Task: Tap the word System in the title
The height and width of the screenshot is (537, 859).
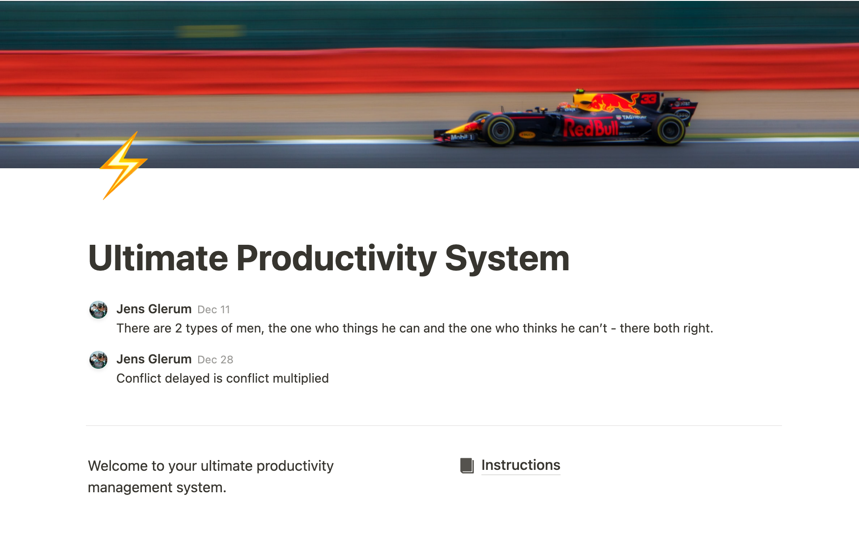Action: [506, 258]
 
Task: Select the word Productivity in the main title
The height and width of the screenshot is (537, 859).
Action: [336, 258]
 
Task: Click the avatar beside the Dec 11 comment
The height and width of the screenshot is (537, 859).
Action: [98, 310]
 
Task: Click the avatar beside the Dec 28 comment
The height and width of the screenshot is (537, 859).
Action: [98, 360]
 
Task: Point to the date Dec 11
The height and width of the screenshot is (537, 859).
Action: [213, 310]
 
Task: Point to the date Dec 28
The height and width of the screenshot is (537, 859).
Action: [215, 360]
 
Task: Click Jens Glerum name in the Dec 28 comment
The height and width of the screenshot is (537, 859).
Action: [154, 359]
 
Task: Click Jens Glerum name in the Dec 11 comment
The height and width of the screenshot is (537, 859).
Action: [154, 309]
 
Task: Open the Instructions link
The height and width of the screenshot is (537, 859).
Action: [520, 465]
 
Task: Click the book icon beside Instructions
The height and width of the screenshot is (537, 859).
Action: [467, 465]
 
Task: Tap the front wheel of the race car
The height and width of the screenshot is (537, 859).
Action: [499, 130]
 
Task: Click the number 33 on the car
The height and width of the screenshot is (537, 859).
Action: [648, 99]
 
